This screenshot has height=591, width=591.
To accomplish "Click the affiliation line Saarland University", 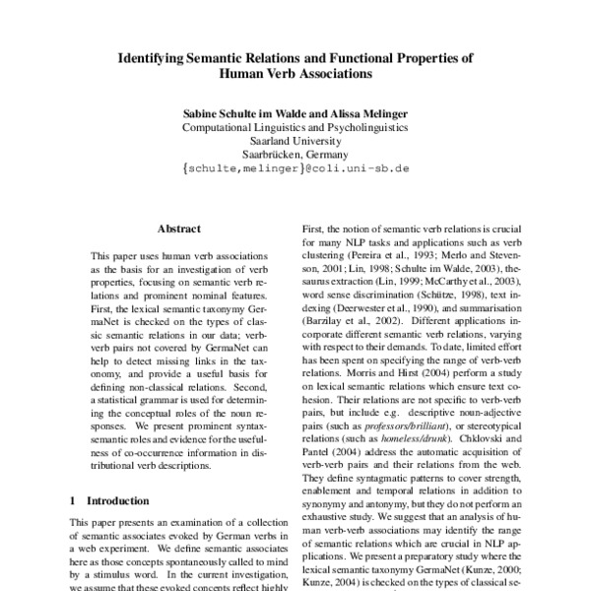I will pos(295,140).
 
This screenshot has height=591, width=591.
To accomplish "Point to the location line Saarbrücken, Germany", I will pos(295,154).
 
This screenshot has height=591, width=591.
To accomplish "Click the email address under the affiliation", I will pos(295,169).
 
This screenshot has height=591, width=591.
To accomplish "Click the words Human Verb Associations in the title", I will pos(295,73).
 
